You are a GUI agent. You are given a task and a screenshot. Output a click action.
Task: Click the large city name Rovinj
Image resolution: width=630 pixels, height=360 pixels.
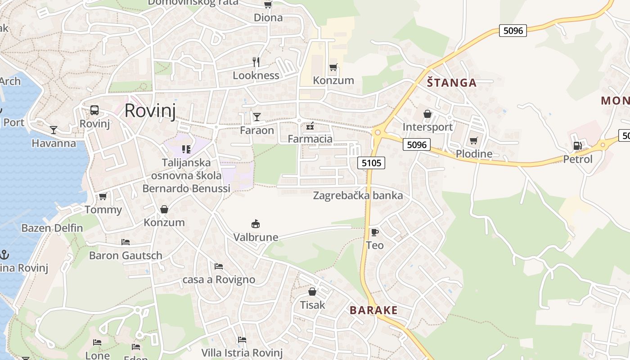click(150, 110)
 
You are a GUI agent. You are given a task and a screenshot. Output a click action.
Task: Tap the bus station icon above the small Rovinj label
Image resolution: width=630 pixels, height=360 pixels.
click(94, 110)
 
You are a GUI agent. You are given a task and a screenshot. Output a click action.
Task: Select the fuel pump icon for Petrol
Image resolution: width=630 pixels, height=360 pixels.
click(577, 146)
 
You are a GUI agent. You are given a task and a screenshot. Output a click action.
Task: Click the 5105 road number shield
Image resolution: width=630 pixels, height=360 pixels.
click(371, 163)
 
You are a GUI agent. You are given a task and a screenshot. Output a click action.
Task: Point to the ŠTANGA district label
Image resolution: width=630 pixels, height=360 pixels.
click(451, 83)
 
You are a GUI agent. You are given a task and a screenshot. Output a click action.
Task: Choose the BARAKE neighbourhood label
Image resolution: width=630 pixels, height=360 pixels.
click(373, 310)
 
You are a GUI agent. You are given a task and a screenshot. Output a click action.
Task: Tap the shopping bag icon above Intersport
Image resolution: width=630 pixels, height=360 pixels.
click(427, 114)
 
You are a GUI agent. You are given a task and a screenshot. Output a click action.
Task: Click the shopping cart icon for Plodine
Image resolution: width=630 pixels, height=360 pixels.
click(473, 141)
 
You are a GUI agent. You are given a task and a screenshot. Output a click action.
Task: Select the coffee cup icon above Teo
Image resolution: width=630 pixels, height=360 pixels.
click(374, 232)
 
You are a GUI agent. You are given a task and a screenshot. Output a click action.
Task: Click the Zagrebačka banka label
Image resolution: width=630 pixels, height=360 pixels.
click(358, 196)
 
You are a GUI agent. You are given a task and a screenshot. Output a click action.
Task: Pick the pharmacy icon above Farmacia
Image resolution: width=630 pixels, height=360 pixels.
click(310, 126)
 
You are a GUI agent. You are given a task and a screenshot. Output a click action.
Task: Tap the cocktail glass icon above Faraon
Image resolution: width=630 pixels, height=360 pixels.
click(256, 117)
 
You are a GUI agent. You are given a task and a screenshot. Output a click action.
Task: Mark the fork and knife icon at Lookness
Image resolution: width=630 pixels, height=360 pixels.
click(256, 62)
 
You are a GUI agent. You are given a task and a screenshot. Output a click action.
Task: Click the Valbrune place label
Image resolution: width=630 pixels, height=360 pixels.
click(256, 237)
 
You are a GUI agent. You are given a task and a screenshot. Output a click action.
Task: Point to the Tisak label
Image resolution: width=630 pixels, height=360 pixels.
click(312, 305)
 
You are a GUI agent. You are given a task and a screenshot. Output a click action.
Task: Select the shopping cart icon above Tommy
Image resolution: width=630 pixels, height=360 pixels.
click(103, 197)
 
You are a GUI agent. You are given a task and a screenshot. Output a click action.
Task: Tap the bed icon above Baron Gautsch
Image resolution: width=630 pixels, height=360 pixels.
click(126, 242)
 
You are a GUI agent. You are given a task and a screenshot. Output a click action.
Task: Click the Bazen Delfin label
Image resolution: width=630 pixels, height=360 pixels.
click(52, 228)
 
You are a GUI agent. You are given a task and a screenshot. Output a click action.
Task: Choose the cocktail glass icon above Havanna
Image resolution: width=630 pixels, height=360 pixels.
click(54, 130)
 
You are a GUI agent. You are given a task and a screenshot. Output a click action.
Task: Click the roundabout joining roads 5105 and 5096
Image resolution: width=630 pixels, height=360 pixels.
click(377, 132)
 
